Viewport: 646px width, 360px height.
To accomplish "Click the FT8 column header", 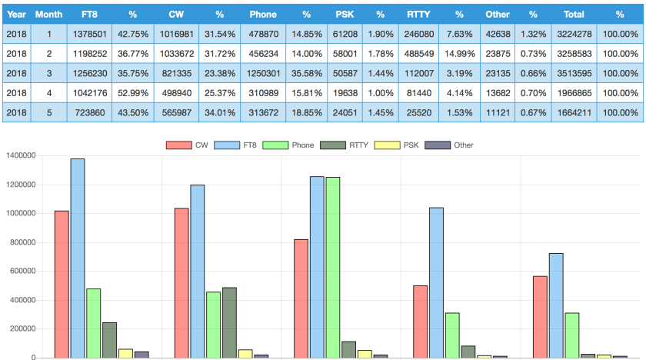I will point(89,14).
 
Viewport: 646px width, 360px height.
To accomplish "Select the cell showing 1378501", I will point(89,34).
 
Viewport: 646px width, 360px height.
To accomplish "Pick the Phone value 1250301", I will point(264,73).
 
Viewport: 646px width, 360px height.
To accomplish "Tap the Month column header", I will point(48,14).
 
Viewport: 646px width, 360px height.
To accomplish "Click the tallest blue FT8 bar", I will point(78,258).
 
